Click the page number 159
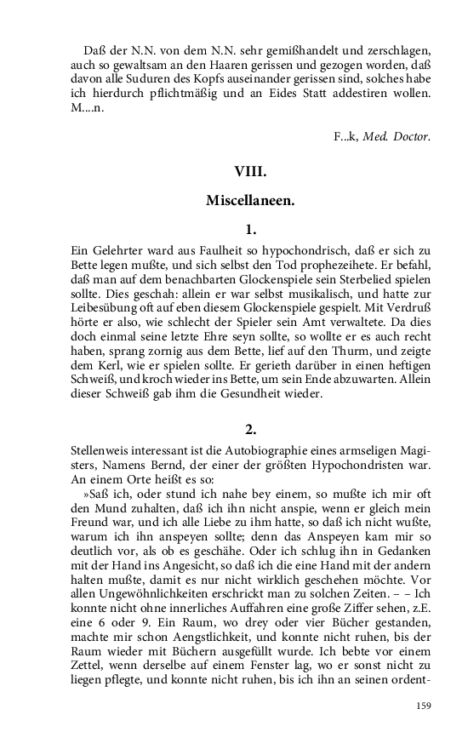pyautogui.click(x=423, y=706)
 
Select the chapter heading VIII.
pyautogui.click(x=251, y=172)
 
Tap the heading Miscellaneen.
pyautogui.click(x=251, y=201)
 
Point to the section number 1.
pyautogui.click(x=251, y=229)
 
